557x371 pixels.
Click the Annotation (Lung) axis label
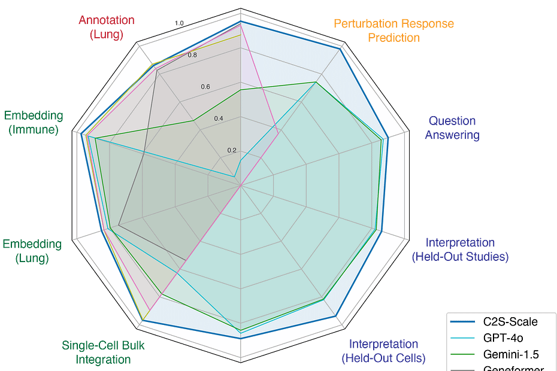107,27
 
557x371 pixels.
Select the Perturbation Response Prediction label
393,31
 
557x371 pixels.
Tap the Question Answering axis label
452,128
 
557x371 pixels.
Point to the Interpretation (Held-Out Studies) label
460,250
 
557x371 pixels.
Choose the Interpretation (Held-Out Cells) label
383,351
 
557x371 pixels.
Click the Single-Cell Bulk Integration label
103,352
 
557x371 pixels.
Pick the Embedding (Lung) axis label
32,251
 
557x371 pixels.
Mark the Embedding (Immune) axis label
34,122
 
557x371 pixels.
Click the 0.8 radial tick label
192,55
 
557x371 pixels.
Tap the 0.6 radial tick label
205,87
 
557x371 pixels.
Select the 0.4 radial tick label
219,118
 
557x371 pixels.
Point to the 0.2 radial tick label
232,150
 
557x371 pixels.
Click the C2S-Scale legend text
510,322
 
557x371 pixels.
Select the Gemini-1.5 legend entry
510,354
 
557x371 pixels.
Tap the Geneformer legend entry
513,368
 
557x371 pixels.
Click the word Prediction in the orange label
393,38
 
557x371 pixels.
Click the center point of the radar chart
240,185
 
